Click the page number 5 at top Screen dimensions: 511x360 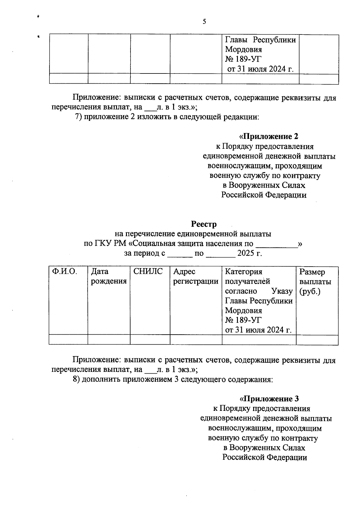(x=204, y=22)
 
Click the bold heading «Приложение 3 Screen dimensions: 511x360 (x=269, y=399)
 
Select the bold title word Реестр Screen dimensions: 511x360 (x=204, y=224)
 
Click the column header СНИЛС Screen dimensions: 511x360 (x=148, y=272)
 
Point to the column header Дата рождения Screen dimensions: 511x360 (x=109, y=276)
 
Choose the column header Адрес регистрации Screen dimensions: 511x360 (x=196, y=276)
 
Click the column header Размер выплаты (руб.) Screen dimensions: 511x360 (x=315, y=282)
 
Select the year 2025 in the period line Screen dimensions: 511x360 (x=245, y=253)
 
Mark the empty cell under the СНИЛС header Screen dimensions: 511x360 (x=150, y=340)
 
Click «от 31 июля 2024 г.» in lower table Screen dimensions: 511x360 (x=259, y=330)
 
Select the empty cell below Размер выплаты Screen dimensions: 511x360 (x=317, y=340)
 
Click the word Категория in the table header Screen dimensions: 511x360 (x=244, y=272)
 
